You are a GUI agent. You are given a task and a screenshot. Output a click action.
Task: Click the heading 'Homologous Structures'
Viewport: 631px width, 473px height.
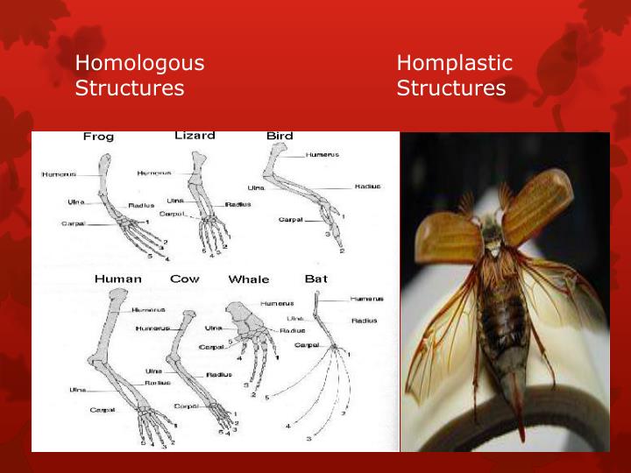pyautogui.click(x=139, y=75)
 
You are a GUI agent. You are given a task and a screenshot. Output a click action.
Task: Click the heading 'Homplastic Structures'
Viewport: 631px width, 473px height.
pyautogui.click(x=454, y=75)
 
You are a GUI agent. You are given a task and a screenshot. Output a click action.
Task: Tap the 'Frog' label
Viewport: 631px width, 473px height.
pyautogui.click(x=98, y=137)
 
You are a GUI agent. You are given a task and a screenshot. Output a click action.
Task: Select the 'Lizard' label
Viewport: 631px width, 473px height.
pyautogui.click(x=195, y=136)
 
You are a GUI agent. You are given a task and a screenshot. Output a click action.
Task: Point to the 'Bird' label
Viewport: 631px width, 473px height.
pyautogui.click(x=280, y=136)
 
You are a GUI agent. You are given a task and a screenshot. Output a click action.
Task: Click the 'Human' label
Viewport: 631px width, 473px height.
pyautogui.click(x=118, y=279)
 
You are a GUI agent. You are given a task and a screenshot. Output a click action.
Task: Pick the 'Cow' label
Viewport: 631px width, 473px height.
pyautogui.click(x=185, y=279)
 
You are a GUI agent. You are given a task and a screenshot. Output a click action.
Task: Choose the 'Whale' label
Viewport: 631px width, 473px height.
pyautogui.click(x=249, y=279)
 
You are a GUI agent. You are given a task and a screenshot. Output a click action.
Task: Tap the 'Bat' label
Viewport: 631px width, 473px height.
pyautogui.click(x=315, y=279)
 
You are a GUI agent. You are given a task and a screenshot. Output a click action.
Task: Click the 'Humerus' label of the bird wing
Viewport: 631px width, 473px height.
pyautogui.click(x=323, y=154)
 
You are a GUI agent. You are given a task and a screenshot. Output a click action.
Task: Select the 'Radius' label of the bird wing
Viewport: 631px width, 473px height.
pyautogui.click(x=366, y=187)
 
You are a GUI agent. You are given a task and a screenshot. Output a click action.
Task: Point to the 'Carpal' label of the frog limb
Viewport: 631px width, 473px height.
pyautogui.click(x=73, y=224)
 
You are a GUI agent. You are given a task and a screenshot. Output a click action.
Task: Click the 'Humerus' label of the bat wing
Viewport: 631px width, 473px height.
pyautogui.click(x=366, y=299)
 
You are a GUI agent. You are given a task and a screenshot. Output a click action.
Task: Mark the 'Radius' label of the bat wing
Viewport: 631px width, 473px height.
pyautogui.click(x=365, y=321)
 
